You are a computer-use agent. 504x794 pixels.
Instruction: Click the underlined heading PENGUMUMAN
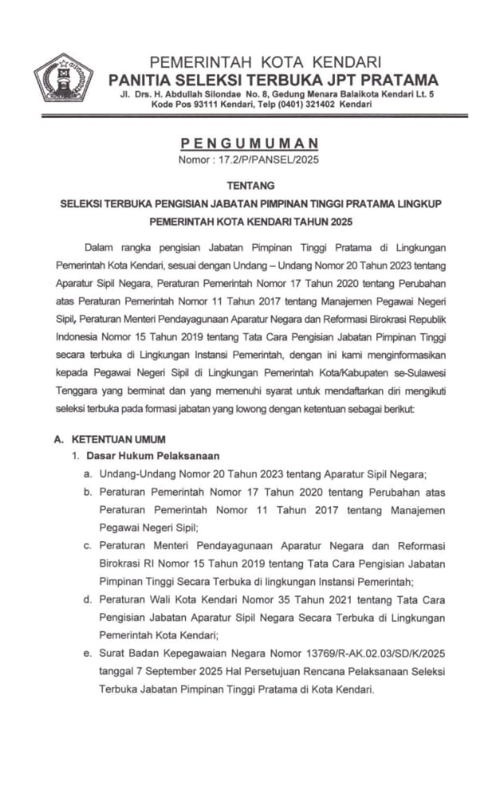250,143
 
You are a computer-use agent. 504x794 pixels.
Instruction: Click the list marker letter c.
87,546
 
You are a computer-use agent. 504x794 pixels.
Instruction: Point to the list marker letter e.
87,653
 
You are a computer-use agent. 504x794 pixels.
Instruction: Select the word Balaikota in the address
361,96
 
